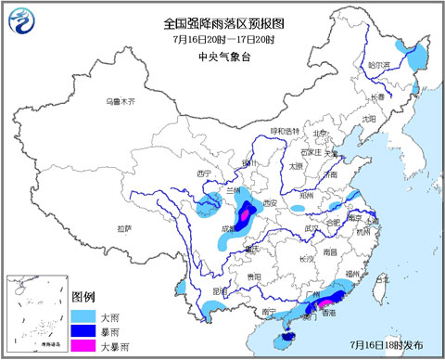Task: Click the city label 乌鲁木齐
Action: (x=121, y=99)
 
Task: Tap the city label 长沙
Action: (x=306, y=258)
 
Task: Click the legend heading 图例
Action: (x=83, y=296)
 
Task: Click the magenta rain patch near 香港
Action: (x=325, y=303)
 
